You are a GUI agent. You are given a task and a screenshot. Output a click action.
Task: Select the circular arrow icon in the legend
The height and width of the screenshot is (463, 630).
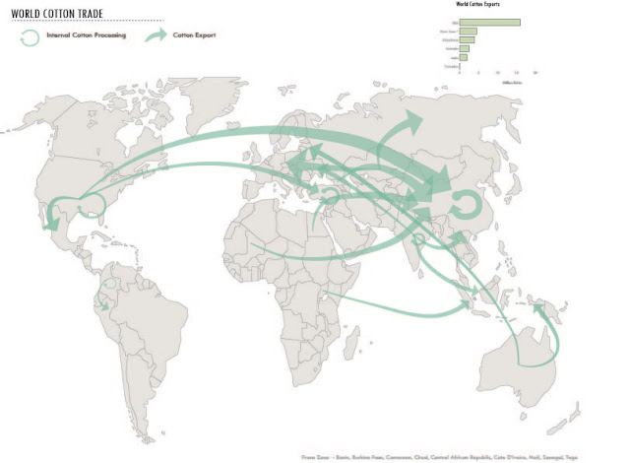point(31,36)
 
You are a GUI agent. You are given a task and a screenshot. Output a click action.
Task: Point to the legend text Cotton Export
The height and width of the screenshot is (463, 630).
point(194,35)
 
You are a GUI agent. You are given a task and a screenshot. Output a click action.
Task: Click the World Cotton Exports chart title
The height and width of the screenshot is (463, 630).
point(476,7)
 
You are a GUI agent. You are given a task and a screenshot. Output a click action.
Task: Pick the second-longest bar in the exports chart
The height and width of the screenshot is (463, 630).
point(469,32)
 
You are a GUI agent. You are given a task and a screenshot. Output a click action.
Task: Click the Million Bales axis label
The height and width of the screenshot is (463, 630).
point(513,83)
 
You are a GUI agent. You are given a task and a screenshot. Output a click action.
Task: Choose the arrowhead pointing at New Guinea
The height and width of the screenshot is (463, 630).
point(536,308)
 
